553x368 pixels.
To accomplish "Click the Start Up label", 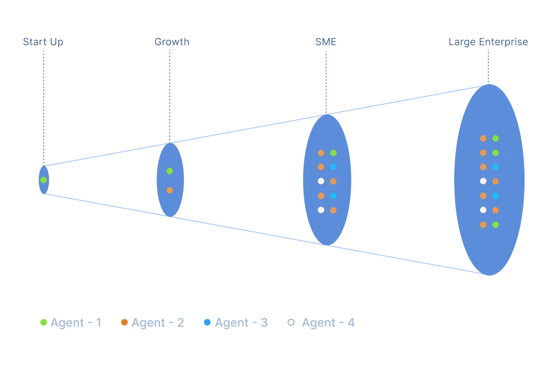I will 42,42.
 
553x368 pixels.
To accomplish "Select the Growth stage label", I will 171,42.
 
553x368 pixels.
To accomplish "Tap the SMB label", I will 326,42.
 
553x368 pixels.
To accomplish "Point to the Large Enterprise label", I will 487,42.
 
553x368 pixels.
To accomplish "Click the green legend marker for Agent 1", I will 44,323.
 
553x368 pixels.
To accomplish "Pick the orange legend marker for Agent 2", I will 124,323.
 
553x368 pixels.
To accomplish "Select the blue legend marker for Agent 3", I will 207,323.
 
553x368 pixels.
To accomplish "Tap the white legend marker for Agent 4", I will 291,323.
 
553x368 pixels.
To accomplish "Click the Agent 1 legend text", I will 77,323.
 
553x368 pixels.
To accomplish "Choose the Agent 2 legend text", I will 158,323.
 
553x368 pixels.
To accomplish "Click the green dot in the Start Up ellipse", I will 43,180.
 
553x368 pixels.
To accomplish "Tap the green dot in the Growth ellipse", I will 170,171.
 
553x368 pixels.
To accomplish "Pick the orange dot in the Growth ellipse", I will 170,190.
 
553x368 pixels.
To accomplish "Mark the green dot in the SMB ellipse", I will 333,153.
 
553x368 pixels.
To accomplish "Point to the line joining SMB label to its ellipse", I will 326,81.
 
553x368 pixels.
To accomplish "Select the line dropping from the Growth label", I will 170,94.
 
